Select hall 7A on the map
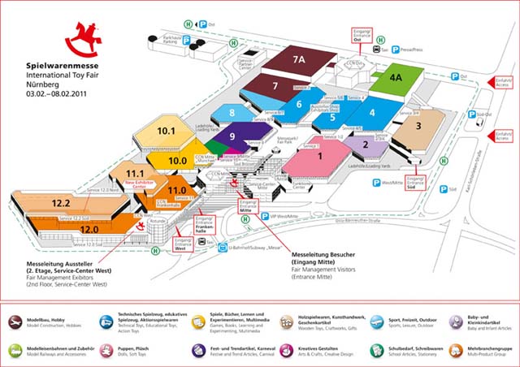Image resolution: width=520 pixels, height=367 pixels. pyautogui.click(x=298, y=60)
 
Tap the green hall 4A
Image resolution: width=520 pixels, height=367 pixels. pyautogui.click(x=395, y=78)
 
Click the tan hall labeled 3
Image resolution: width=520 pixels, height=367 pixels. pyautogui.click(x=418, y=126)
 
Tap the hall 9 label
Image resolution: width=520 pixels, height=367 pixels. pyautogui.click(x=232, y=137)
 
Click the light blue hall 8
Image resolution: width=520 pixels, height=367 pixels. pyautogui.click(x=232, y=113)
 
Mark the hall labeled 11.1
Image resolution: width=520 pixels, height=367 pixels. pyautogui.click(x=135, y=174)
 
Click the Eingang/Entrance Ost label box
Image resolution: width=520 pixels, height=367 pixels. pyautogui.click(x=361, y=34)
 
